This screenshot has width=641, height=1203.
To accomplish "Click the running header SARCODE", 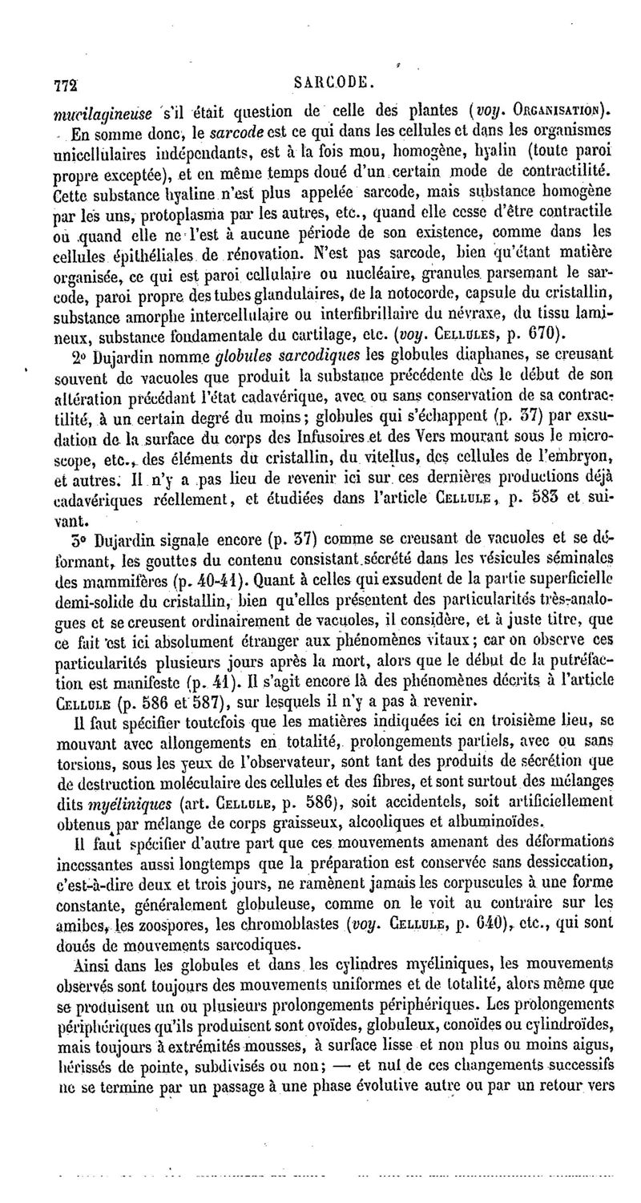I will pyautogui.click(x=329, y=82).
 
